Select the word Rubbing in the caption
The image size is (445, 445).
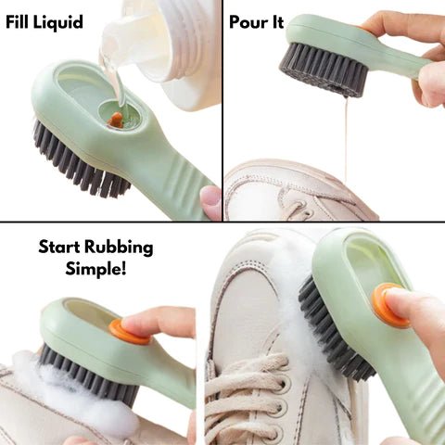click(119, 248)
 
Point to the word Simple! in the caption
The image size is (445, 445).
click(95, 268)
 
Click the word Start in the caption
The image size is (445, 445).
click(59, 248)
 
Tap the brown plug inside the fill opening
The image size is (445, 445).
click(116, 120)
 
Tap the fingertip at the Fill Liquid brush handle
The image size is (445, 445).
click(211, 201)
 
